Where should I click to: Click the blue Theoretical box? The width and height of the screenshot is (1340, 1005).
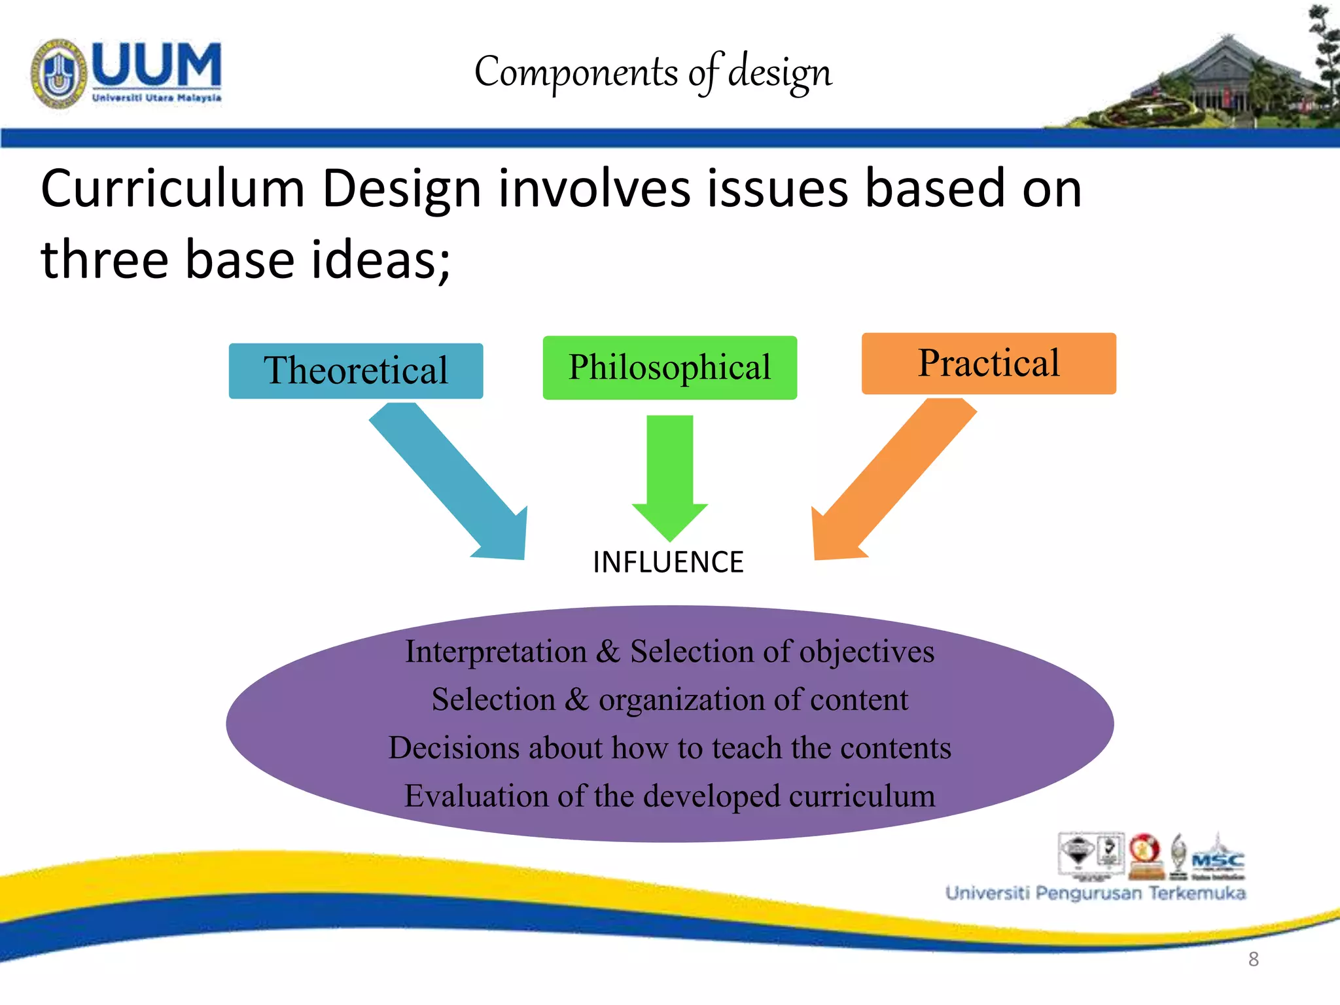pyautogui.click(x=356, y=371)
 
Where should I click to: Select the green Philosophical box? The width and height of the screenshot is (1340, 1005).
pyautogui.click(x=669, y=368)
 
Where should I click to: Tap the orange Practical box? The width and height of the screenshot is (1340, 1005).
pyautogui.click(x=988, y=364)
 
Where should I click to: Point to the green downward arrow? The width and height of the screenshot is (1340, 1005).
pyautogui.click(x=669, y=478)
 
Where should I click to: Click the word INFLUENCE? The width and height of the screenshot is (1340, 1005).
pyautogui.click(x=668, y=563)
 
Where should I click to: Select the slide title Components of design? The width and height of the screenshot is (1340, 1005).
pyautogui.click(x=653, y=72)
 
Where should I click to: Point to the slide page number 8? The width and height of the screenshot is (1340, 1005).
pyautogui.click(x=1253, y=959)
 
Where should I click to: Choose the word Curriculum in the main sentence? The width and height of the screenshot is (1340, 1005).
pyautogui.click(x=173, y=190)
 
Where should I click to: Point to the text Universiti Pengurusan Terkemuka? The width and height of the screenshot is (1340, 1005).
pyautogui.click(x=1095, y=893)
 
